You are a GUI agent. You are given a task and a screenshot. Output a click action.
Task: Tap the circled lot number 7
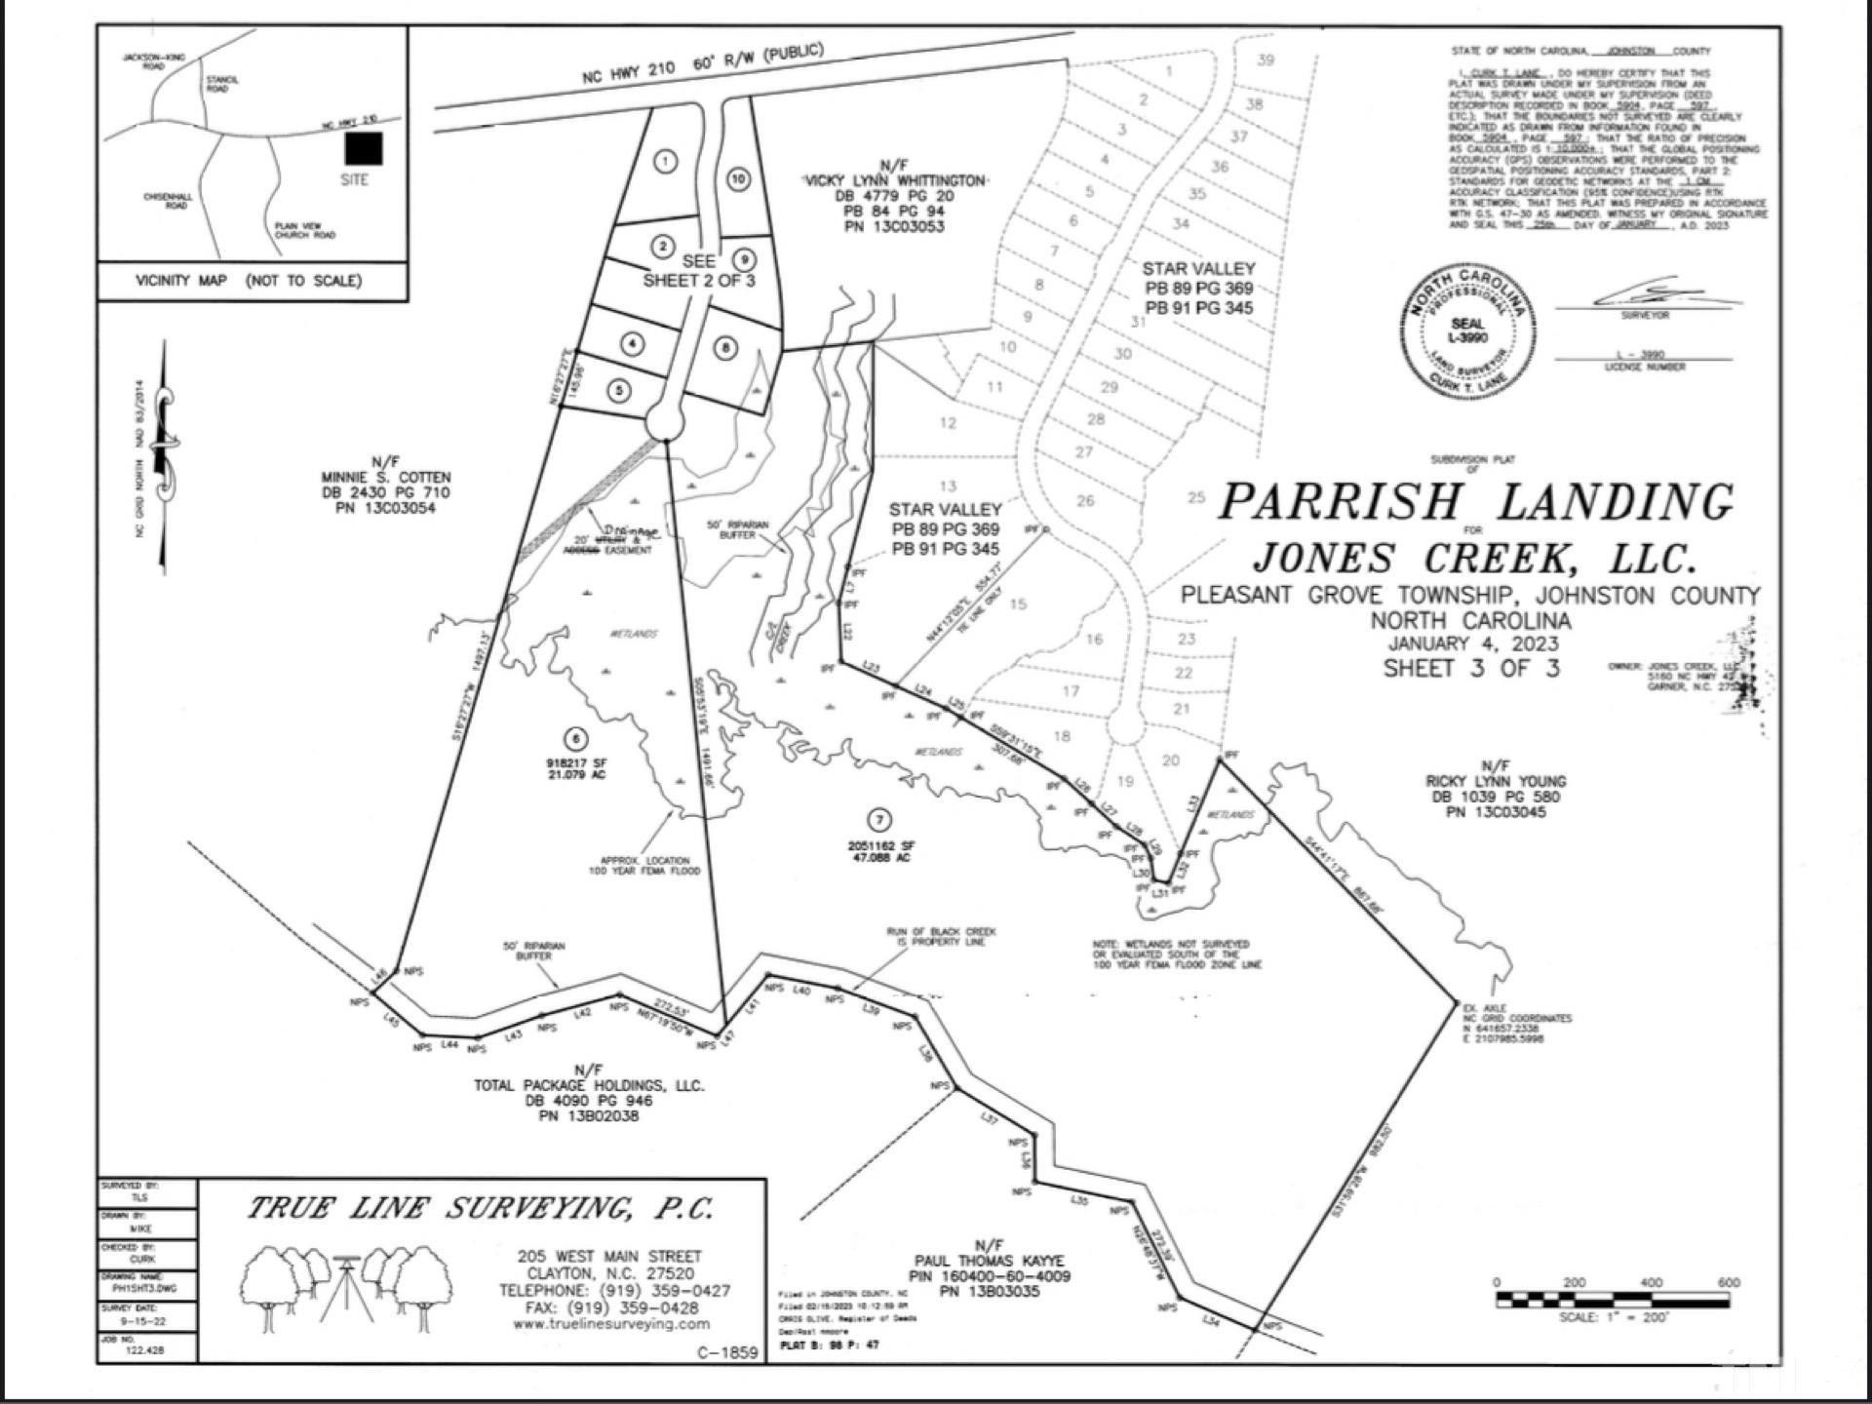[x=880, y=820]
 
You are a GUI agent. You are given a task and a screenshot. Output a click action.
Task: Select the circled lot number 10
[x=738, y=178]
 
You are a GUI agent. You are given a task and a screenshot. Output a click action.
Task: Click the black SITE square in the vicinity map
[x=364, y=148]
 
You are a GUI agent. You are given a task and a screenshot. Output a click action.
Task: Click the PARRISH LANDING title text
[x=1476, y=502]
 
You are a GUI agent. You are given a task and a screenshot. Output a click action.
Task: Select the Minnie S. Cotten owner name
[x=386, y=478]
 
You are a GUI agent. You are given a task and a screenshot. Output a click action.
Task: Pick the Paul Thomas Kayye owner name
[x=989, y=1261]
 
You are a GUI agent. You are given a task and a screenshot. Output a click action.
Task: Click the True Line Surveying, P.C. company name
[x=480, y=1210]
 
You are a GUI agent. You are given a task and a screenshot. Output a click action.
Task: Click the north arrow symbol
[x=166, y=456]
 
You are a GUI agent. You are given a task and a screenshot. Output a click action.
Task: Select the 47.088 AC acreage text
[x=881, y=859]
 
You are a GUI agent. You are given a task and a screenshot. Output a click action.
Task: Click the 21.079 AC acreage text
[x=577, y=775]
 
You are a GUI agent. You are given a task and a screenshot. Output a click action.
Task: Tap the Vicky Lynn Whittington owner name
[x=894, y=181]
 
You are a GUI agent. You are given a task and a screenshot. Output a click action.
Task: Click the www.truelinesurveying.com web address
[x=610, y=1324]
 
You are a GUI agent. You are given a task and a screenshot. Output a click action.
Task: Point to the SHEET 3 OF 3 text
[x=1471, y=669]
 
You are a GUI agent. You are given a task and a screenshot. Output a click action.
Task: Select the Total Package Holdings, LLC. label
[x=589, y=1085]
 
